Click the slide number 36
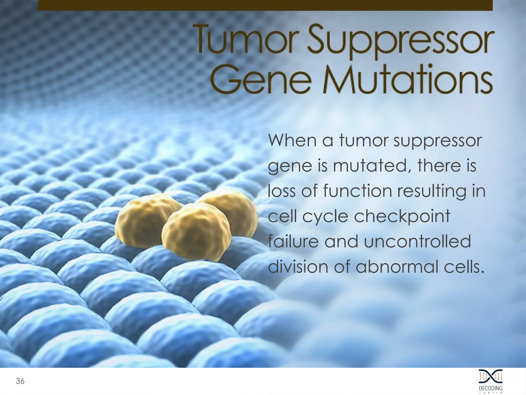[20, 381]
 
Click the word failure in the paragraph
[293, 241]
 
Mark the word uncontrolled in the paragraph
[417, 241]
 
